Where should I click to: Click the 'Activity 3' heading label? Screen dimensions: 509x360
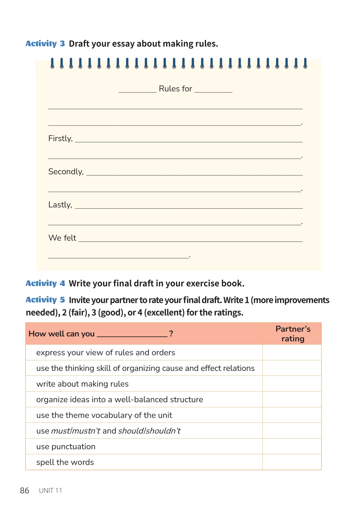(45, 44)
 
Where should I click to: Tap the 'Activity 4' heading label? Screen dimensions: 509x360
(45, 284)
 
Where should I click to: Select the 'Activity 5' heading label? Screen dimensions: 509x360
(45, 300)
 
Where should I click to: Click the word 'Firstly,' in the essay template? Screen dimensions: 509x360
(60, 138)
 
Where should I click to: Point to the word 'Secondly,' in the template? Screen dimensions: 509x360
(66, 172)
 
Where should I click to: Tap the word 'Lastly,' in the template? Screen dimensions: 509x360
(60, 205)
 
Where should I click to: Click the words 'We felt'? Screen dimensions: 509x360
(62, 238)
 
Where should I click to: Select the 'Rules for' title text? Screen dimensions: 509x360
(175, 89)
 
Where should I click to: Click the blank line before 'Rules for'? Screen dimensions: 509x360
(137, 91)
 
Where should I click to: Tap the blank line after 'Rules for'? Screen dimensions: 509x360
(213, 91)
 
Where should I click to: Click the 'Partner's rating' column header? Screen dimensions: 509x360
(293, 334)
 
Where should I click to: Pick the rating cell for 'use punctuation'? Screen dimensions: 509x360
(292, 447)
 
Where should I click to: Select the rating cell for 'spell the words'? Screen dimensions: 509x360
(292, 462)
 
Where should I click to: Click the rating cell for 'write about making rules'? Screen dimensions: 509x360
(292, 384)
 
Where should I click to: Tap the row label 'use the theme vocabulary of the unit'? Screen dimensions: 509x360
(104, 415)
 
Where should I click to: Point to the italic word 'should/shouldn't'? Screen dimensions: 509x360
(149, 431)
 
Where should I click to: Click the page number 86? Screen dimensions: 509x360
(25, 490)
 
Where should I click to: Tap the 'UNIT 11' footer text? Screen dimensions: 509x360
(51, 490)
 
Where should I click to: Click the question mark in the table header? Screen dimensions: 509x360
(171, 334)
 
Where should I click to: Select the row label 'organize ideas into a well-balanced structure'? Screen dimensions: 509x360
(120, 400)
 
